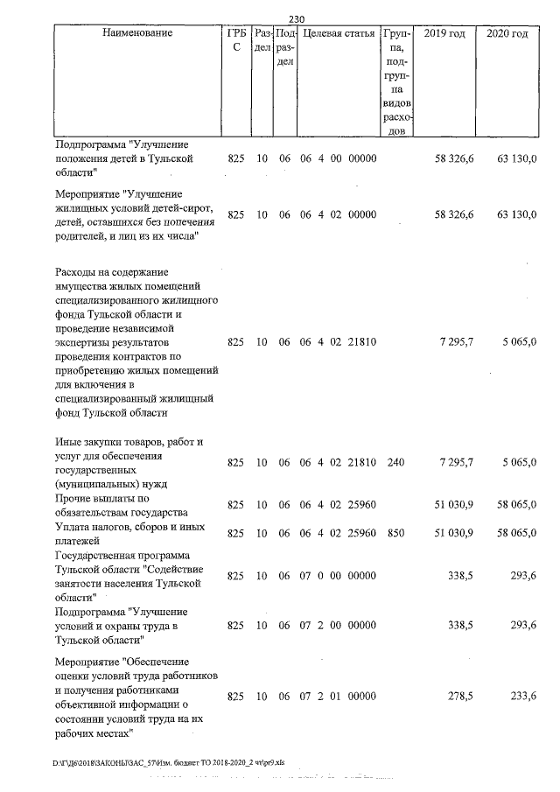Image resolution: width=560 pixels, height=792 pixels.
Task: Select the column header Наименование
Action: pyautogui.click(x=137, y=33)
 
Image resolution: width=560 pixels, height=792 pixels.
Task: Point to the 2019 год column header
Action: pyautogui.click(x=444, y=33)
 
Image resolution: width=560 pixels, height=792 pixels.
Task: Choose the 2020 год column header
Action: pyautogui.click(x=507, y=33)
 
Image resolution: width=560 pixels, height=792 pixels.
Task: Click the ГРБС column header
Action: pyautogui.click(x=235, y=41)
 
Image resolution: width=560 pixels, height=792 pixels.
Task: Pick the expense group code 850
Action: pyautogui.click(x=395, y=533)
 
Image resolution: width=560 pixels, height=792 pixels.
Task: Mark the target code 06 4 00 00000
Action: pyautogui.click(x=338, y=158)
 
